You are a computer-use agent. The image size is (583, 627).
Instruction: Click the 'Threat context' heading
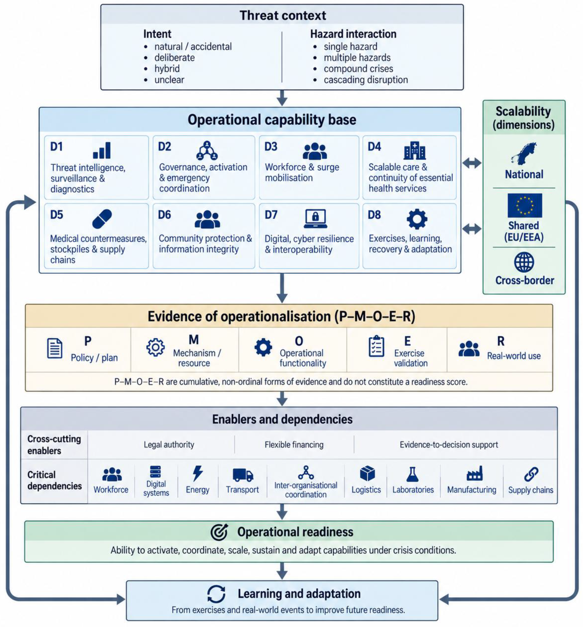[283, 15]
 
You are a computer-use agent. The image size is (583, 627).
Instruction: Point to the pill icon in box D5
[102, 219]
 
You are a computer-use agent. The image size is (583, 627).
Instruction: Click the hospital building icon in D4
[415, 150]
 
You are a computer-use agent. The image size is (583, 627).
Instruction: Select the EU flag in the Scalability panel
[525, 205]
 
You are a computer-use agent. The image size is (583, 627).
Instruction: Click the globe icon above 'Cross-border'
[524, 262]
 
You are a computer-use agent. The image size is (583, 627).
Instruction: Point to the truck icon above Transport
[243, 475]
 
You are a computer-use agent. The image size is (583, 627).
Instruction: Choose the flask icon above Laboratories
[412, 474]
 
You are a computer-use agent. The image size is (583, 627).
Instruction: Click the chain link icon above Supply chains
[531, 474]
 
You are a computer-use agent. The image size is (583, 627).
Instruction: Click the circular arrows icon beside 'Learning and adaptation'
[216, 594]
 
